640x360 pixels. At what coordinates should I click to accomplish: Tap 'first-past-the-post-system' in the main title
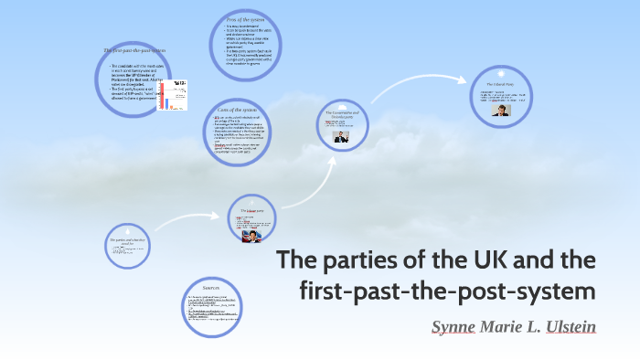[x=447, y=292]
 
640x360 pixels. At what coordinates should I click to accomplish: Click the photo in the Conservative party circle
[x=342, y=137]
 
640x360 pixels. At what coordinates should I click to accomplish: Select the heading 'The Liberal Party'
[x=497, y=84]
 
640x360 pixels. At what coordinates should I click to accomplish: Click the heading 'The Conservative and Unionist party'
[x=342, y=114]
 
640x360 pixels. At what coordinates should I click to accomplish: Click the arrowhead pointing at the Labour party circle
[x=220, y=217]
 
